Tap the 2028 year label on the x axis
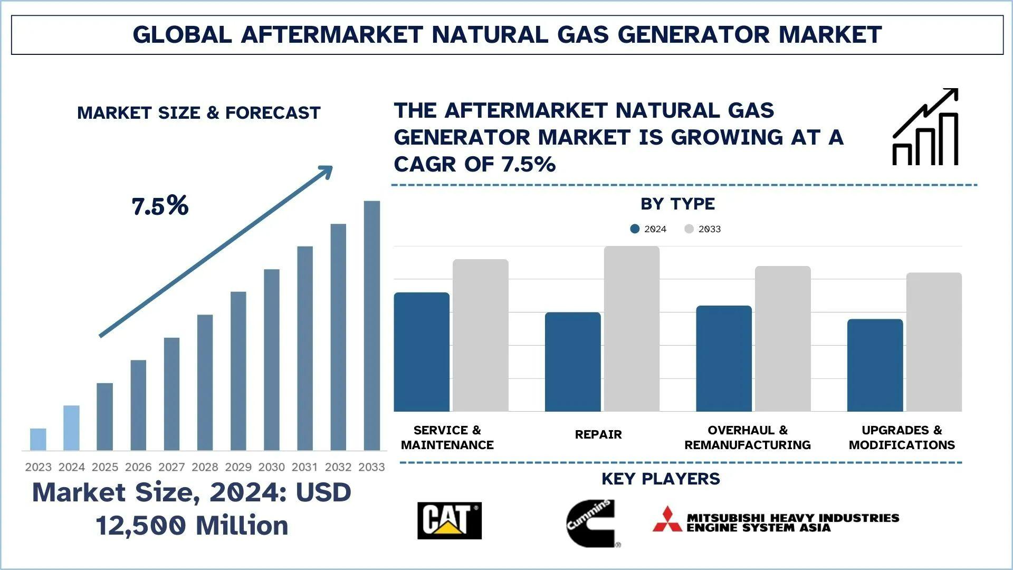click(x=205, y=467)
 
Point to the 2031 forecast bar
click(x=305, y=348)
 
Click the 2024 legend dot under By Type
click(x=635, y=229)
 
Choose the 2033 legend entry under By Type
click(x=703, y=229)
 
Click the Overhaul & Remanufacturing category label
click(x=747, y=438)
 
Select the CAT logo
click(x=449, y=520)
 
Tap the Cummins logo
click(x=591, y=522)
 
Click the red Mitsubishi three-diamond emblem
click(x=667, y=519)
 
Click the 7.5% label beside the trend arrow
click(x=160, y=206)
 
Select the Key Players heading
click(x=661, y=479)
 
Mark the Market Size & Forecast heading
click(x=198, y=113)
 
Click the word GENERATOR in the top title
click(x=693, y=35)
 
